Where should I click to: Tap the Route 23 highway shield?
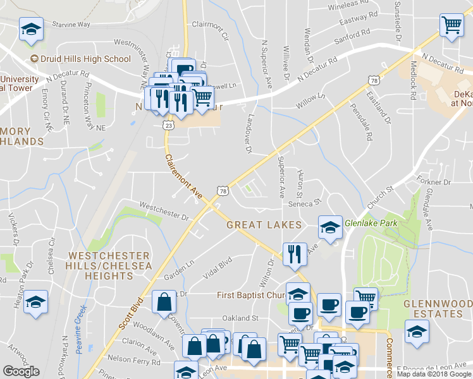(168, 126)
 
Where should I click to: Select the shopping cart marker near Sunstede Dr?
(451, 27)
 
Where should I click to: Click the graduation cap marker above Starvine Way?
(30, 30)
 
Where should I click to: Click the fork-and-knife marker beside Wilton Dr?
(294, 255)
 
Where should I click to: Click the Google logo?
(21, 371)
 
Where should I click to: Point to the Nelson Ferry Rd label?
(134, 361)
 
